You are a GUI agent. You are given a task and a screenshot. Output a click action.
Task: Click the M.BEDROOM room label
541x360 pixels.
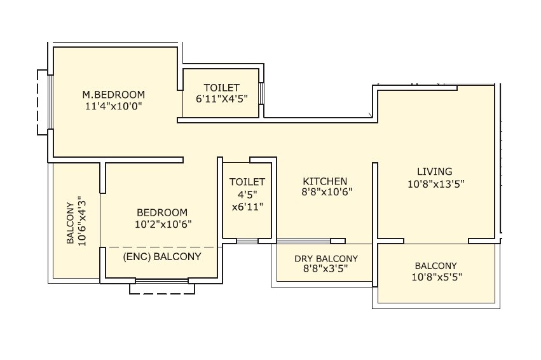[114, 95]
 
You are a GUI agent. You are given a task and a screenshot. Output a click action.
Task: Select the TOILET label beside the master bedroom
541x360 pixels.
[221, 87]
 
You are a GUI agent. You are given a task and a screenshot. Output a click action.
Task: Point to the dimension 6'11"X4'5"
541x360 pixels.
[221, 99]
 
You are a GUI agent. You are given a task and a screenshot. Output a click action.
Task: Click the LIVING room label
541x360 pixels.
[435, 171]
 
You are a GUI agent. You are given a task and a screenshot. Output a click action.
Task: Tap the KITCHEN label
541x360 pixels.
[325, 181]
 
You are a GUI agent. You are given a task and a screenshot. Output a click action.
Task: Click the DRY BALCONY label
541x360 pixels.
[326, 259]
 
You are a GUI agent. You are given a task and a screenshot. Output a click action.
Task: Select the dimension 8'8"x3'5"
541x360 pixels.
[326, 269]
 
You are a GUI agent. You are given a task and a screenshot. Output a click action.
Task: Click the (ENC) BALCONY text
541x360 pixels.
[161, 257]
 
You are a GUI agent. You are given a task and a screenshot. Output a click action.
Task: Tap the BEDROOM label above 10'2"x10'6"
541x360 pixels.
[163, 212]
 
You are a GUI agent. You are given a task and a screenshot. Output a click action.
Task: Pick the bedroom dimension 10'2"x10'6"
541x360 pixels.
[163, 224]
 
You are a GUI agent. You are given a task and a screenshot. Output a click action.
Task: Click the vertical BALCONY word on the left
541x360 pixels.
[70, 223]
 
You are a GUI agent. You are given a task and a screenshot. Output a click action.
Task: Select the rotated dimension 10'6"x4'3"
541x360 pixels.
[81, 223]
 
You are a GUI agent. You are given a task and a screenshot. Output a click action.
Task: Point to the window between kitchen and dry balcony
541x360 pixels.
[303, 241]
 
